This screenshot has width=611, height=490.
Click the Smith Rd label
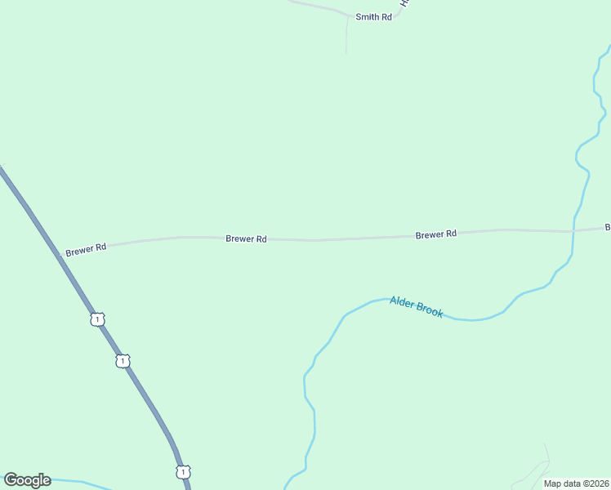[x=373, y=16]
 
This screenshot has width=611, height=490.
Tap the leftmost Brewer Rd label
[x=87, y=247]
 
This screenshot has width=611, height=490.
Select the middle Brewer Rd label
[x=246, y=238]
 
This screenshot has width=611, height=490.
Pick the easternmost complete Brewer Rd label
[x=435, y=234]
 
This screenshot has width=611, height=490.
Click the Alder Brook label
[x=416, y=306]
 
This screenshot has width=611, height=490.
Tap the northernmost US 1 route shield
[x=98, y=319]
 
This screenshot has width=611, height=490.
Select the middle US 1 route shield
[x=123, y=360]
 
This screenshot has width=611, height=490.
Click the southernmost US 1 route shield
[x=183, y=471]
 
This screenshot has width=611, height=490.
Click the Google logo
[x=27, y=480]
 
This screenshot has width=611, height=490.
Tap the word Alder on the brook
[x=403, y=302]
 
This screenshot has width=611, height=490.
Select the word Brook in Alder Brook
[x=430, y=310]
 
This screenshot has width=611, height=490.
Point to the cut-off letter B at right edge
[x=607, y=226]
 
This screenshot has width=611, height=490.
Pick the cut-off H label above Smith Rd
[x=403, y=3]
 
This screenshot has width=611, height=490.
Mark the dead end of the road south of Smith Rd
[x=346, y=54]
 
